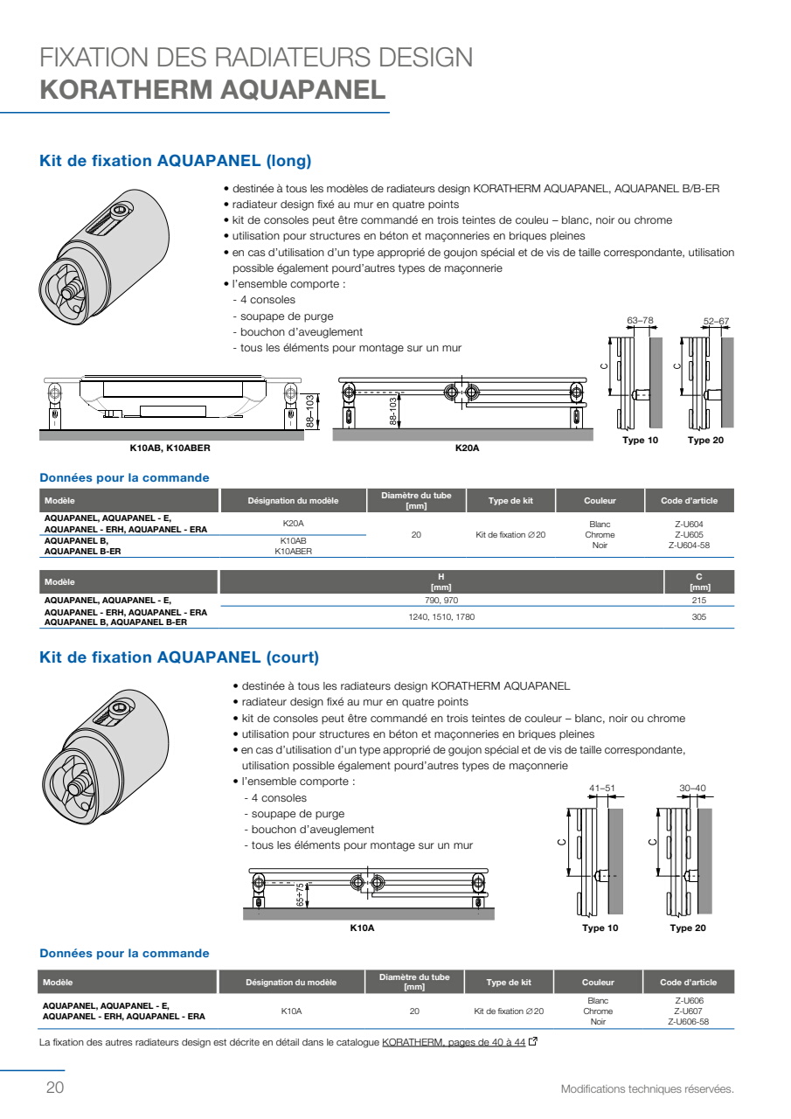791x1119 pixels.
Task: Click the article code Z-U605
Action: pos(689,534)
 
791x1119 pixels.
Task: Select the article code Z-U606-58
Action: pos(688,1022)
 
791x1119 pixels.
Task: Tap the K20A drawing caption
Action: pos(467,448)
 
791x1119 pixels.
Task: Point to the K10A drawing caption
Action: pos(362,928)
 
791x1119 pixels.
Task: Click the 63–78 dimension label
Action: pos(640,320)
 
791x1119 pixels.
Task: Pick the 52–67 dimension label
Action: pos(716,321)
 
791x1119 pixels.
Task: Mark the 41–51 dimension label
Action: pos(601,788)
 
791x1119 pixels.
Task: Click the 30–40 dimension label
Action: pos(692,788)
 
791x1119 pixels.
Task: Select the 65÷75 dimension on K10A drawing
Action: pos(300,894)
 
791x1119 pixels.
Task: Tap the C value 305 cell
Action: pos(698,617)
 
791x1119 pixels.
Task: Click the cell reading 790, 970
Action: pos(441,600)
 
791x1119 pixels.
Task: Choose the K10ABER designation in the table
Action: pos(293,552)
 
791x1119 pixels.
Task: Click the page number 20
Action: pos(55,1087)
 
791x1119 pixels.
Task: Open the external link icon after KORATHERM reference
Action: pos(533,1041)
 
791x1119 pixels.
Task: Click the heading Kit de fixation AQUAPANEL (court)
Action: pos(179,657)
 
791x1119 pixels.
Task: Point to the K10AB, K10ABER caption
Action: pos(170,448)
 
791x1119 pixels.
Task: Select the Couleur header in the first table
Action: pos(600,501)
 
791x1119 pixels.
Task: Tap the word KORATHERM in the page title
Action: pos(127,90)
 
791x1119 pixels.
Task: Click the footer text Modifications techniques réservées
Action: pos(647,1088)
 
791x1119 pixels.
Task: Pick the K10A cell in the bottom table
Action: pos(291,1011)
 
